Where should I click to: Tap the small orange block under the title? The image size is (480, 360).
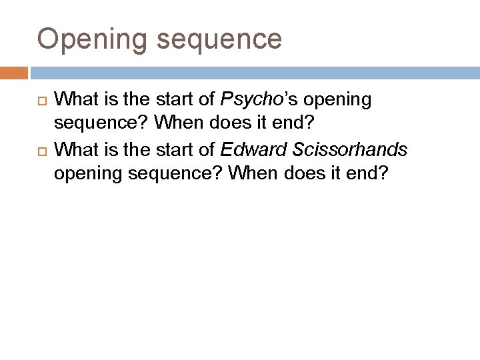tap(14, 72)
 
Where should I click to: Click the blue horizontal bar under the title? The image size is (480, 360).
tap(253, 72)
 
